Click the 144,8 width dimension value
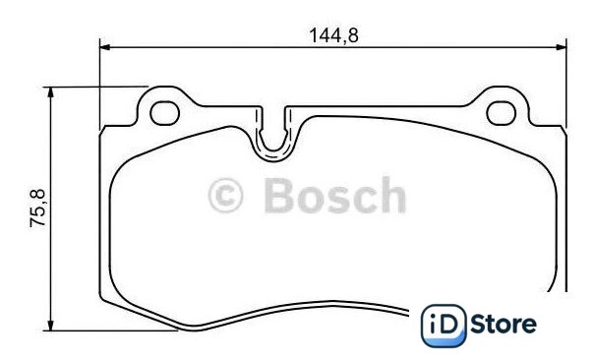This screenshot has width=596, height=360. (x=333, y=35)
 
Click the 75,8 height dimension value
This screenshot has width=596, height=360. (x=37, y=209)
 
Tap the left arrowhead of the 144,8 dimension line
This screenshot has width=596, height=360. (x=105, y=47)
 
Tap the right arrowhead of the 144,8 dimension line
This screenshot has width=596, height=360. (x=561, y=47)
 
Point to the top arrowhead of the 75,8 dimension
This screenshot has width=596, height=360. (x=50, y=92)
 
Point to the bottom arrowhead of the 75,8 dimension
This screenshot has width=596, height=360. (x=50, y=326)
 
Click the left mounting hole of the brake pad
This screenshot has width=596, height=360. (x=164, y=113)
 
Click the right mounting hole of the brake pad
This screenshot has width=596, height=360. (x=501, y=113)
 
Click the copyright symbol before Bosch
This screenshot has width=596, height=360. (x=225, y=196)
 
